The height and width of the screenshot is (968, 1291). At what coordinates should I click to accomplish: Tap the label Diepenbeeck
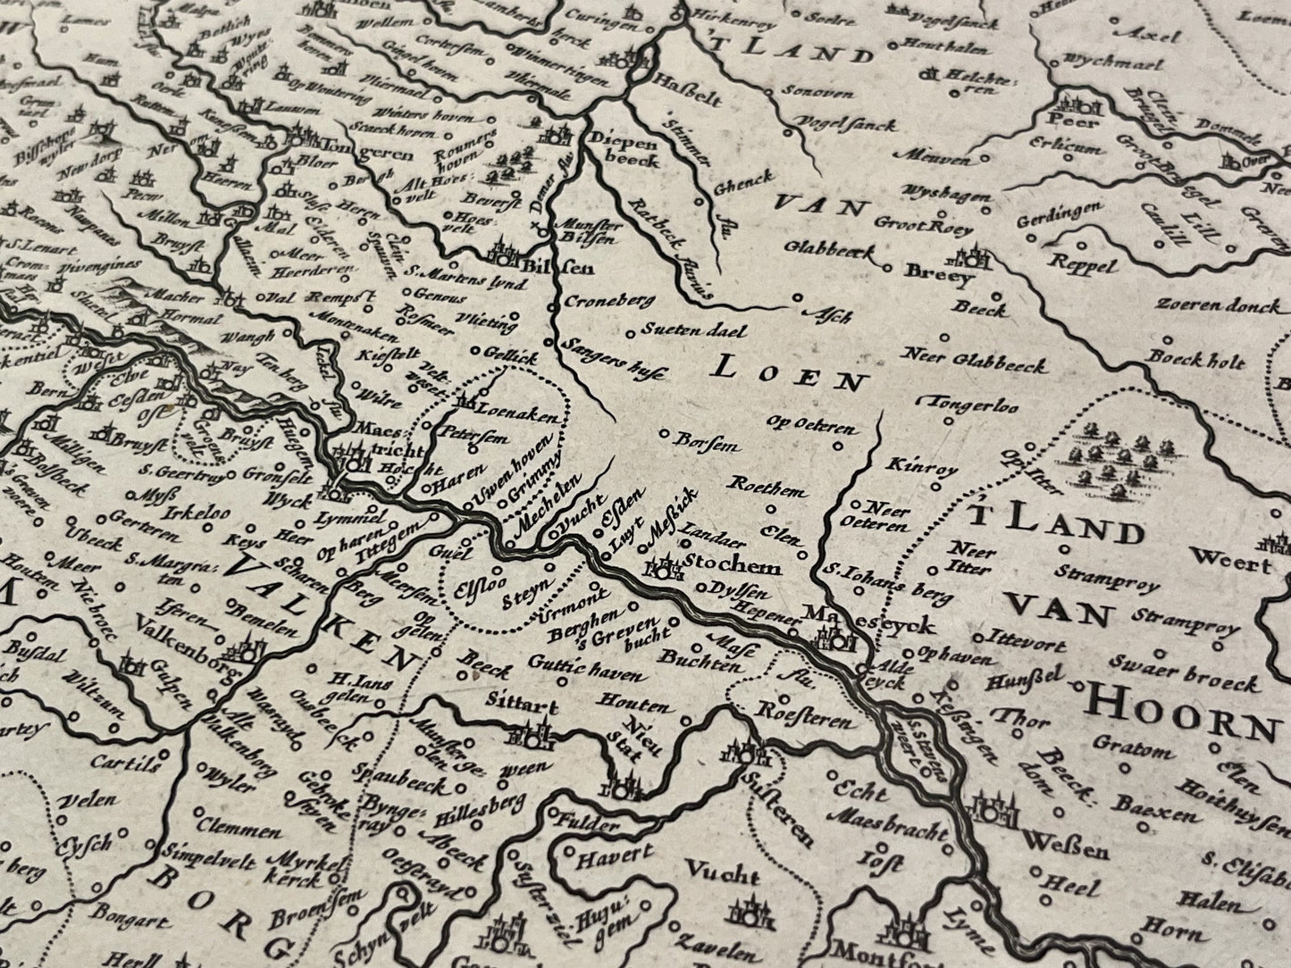tap(625, 149)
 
